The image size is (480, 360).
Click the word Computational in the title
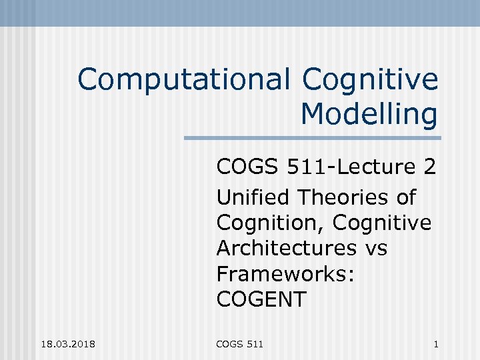point(183,81)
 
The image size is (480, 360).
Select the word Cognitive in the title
point(370,81)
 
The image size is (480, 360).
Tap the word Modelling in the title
point(369,114)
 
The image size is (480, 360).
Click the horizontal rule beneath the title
point(312,138)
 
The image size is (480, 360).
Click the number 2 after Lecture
point(429,166)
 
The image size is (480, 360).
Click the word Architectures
point(287,248)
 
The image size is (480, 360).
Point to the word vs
point(376,248)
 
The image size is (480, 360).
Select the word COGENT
point(261,299)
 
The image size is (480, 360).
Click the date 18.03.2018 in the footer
point(67,344)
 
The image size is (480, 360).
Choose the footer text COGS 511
point(240,344)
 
